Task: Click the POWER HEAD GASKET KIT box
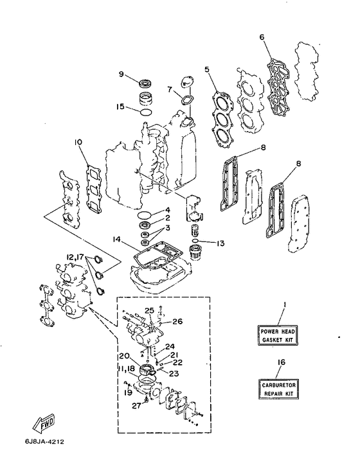277,335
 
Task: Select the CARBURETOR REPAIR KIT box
279,389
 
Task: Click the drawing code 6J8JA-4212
44,442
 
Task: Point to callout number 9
121,74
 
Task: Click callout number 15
120,106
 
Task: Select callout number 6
262,37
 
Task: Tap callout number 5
207,69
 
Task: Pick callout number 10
78,143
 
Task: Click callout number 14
117,239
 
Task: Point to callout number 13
221,243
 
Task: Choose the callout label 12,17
75,256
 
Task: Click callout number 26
177,321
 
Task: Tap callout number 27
136,405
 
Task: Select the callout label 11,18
127,369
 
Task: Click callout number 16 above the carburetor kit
282,362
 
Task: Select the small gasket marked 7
186,100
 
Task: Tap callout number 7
170,89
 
